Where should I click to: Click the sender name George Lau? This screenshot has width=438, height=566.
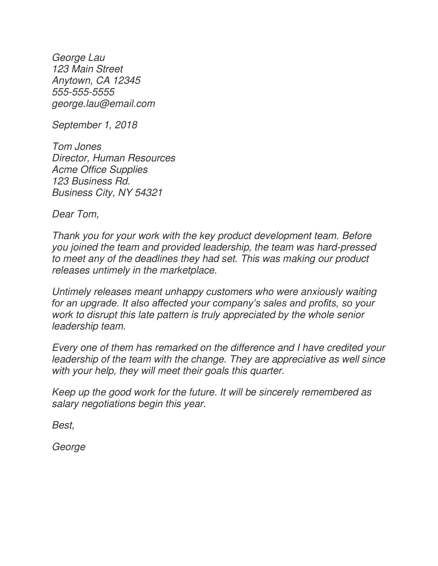point(78,58)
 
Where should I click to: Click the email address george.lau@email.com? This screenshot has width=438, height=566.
point(103,104)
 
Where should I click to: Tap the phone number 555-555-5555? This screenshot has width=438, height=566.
point(83,92)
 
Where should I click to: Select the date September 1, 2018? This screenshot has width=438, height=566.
point(95,125)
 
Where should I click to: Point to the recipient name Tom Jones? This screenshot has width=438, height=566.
point(77,146)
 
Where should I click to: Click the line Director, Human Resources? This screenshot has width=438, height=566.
point(114,158)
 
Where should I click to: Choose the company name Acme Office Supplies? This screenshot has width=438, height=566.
point(100,170)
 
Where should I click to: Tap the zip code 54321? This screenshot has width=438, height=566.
point(149,192)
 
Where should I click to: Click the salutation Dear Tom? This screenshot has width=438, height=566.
point(75,214)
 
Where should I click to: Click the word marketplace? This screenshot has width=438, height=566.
point(188,270)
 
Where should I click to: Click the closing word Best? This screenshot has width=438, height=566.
point(63,425)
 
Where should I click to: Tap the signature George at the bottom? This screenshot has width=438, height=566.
point(69,447)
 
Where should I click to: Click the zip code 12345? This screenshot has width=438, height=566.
point(127,81)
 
